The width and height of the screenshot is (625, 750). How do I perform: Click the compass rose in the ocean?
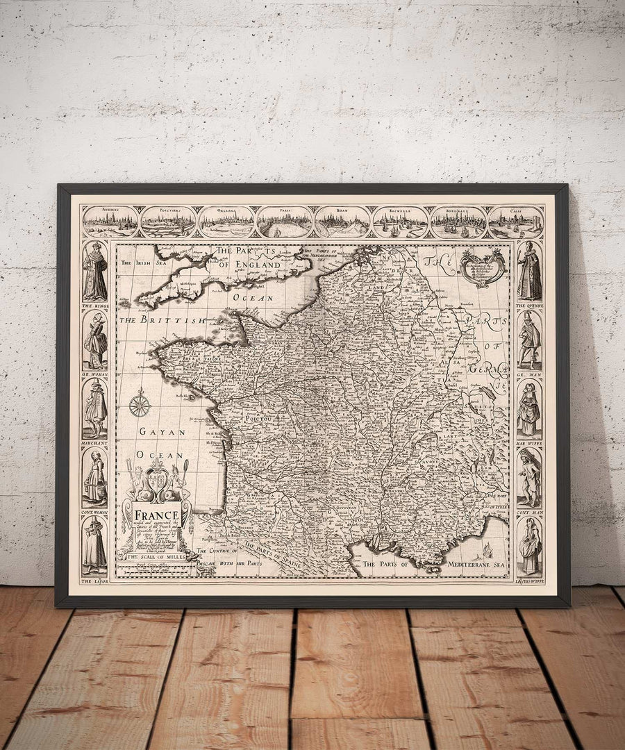coord(140,403)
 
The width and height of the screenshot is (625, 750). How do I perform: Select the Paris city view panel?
coord(285,222)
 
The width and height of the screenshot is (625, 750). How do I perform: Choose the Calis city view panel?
coord(515,222)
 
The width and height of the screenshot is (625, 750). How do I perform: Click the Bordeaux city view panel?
coord(458,222)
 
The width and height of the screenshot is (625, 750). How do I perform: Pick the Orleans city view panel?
coord(226,222)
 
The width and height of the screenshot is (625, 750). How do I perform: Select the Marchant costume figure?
coord(94,410)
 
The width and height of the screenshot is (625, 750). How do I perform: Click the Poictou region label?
coord(258,419)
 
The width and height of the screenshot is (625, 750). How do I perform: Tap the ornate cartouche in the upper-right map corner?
coord(483,267)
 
